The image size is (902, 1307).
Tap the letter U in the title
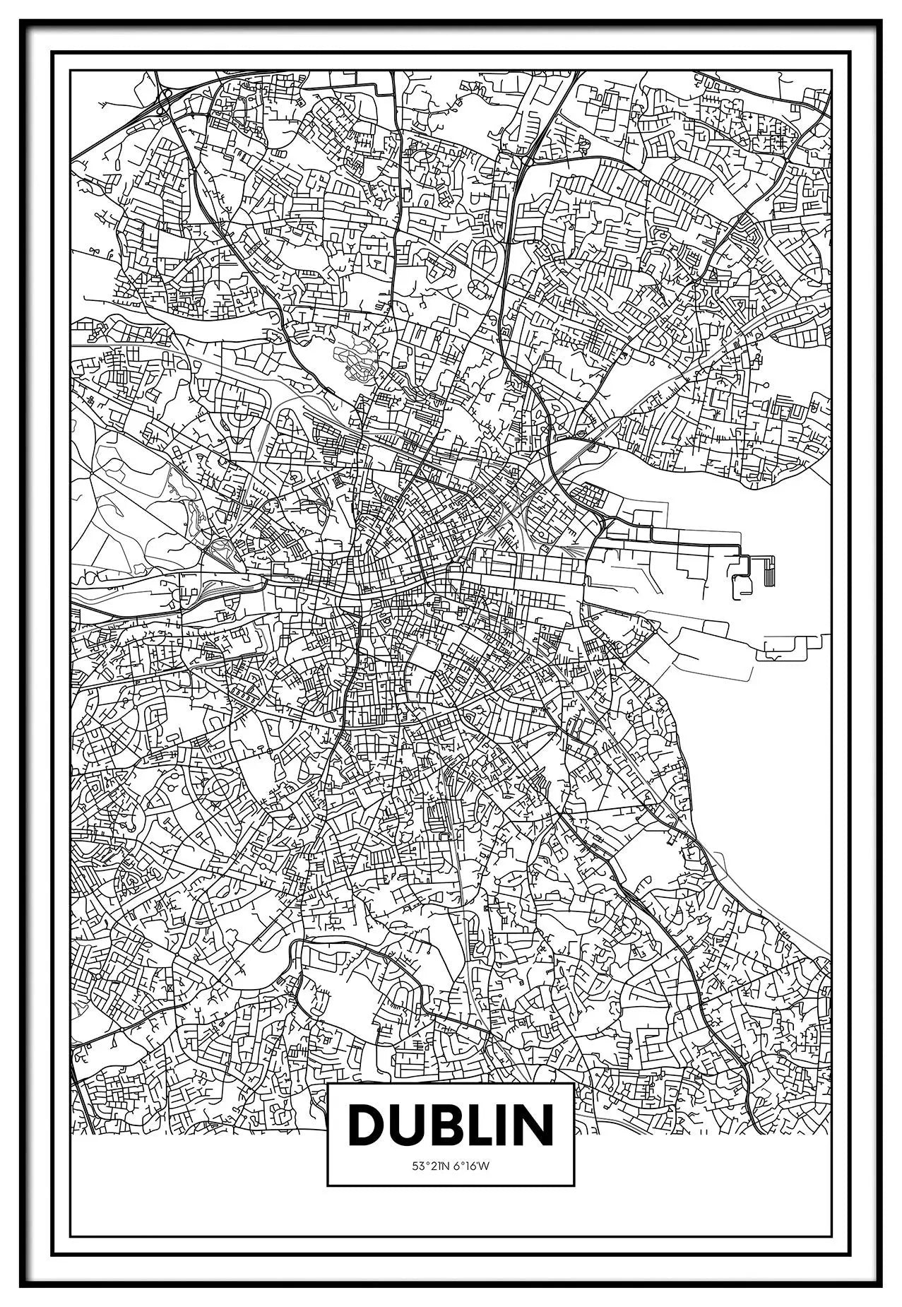(x=409, y=1142)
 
